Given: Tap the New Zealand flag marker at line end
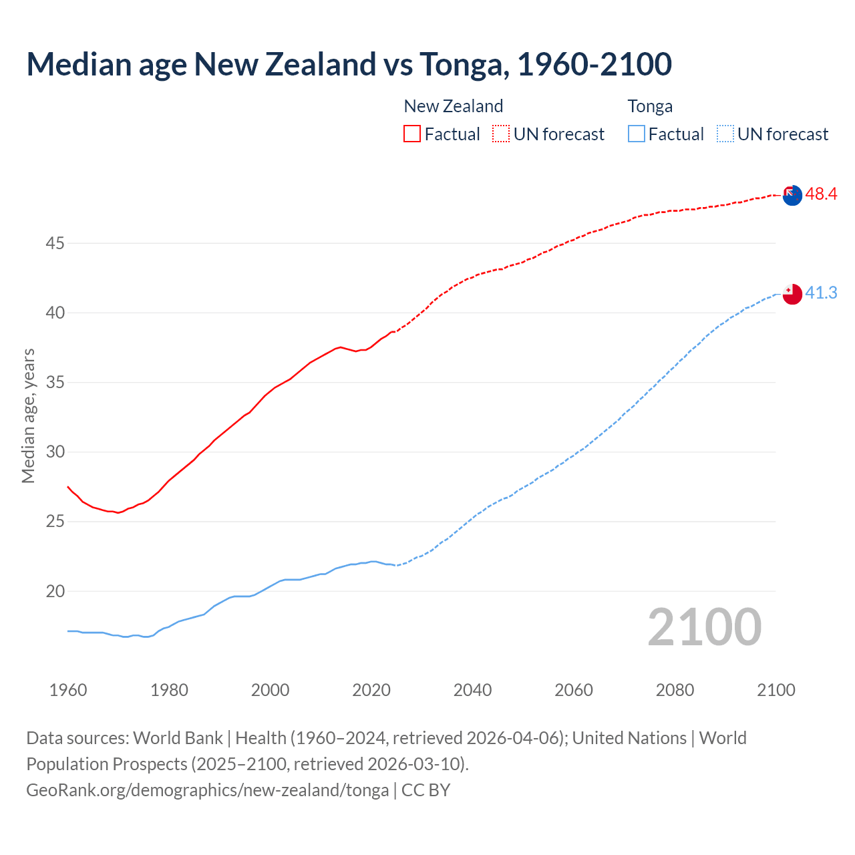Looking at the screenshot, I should [x=792, y=195].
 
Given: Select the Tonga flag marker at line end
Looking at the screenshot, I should [x=792, y=293].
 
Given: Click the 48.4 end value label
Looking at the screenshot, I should [x=821, y=194].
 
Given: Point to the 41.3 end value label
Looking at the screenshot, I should [x=821, y=293].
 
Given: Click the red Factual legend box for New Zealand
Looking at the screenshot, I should [x=412, y=134].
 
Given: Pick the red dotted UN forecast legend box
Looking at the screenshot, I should [x=501, y=134].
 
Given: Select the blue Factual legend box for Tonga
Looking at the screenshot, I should [x=637, y=134].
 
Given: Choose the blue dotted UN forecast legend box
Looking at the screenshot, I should [x=725, y=134].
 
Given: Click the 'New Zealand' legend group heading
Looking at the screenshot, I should [x=453, y=106].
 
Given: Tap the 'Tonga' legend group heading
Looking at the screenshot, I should [x=650, y=106].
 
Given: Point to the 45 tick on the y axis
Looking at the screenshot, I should [x=55, y=244].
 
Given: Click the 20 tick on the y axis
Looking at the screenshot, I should [x=55, y=591].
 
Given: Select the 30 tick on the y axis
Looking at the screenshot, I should [x=55, y=452].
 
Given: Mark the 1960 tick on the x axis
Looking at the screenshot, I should [x=68, y=690].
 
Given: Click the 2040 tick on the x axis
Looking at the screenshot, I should [x=472, y=690].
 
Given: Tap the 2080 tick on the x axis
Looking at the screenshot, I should [x=675, y=690].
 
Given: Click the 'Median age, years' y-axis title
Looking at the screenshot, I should [x=28, y=415].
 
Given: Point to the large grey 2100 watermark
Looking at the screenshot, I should [x=704, y=627].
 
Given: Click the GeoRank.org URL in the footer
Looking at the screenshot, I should [x=207, y=790].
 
